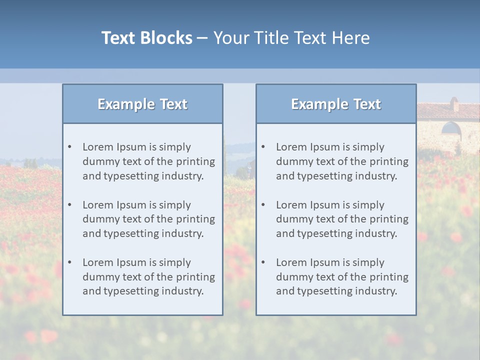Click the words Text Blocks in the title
tap(146, 38)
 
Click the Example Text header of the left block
tap(142, 104)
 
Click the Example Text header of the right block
tap(336, 104)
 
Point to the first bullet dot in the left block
tap(70, 147)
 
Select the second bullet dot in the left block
tap(70, 205)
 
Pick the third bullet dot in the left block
tap(70, 262)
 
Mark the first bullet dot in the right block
tap(263, 147)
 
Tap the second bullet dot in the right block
tap(263, 205)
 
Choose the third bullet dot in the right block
tap(263, 262)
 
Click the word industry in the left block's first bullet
tap(182, 176)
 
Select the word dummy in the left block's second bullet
tap(98, 219)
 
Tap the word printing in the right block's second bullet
tap(388, 219)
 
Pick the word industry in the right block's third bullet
tap(376, 291)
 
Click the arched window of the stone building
tap(451, 129)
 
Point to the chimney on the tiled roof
tap(454, 104)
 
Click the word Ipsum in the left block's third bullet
tap(131, 262)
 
